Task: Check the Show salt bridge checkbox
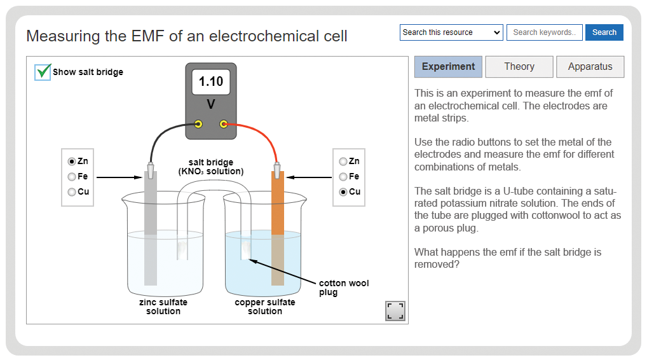[x=43, y=73]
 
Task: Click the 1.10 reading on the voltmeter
[x=211, y=81]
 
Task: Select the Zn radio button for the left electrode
[x=72, y=162]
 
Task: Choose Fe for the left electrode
[x=72, y=177]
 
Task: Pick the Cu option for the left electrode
[x=72, y=192]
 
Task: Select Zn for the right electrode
[x=343, y=162]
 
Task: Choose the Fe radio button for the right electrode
[x=343, y=177]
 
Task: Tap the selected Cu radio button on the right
[x=343, y=192]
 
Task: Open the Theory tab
[x=519, y=67]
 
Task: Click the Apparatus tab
[x=590, y=67]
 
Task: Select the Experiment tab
[x=448, y=67]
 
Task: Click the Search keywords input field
[x=544, y=32]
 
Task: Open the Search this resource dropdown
[x=451, y=32]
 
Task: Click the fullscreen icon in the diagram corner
[x=395, y=311]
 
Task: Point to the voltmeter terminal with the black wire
[x=198, y=124]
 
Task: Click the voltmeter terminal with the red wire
[x=224, y=124]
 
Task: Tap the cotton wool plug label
[x=344, y=287]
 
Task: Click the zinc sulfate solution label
[x=163, y=307]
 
